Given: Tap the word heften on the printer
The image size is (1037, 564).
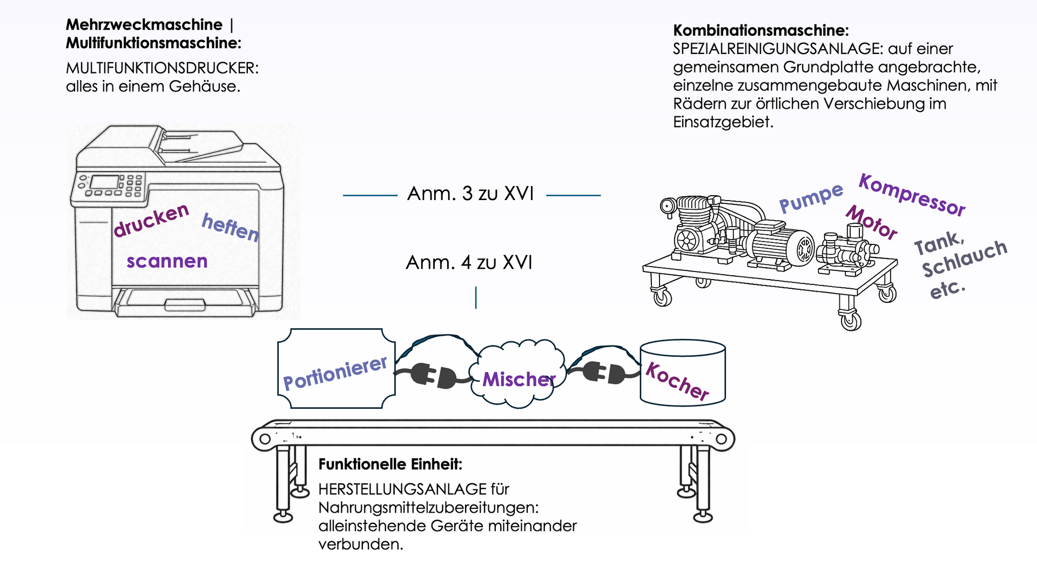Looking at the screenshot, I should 231,227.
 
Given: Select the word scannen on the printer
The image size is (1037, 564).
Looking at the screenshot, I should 167,261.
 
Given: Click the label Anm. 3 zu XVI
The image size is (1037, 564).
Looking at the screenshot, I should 470,194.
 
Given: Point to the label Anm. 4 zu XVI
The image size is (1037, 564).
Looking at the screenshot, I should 469,263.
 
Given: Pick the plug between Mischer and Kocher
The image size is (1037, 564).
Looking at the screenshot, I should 604,373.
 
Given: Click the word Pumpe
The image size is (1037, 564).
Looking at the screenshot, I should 811,197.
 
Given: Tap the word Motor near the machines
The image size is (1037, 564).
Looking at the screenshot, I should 871,222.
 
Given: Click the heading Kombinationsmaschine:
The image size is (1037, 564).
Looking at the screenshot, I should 760,30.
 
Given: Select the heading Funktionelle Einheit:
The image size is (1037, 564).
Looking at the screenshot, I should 390,465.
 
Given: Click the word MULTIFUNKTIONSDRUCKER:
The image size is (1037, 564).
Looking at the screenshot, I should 162,68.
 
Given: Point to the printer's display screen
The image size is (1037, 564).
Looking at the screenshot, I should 104,182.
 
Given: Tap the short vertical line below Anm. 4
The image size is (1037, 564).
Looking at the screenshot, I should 476,298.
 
